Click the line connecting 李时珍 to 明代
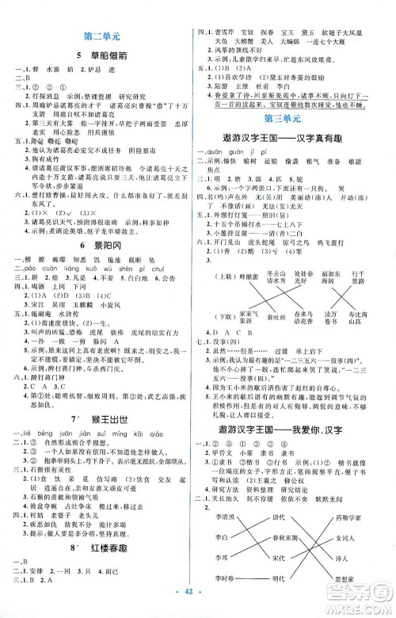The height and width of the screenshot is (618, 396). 255,580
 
